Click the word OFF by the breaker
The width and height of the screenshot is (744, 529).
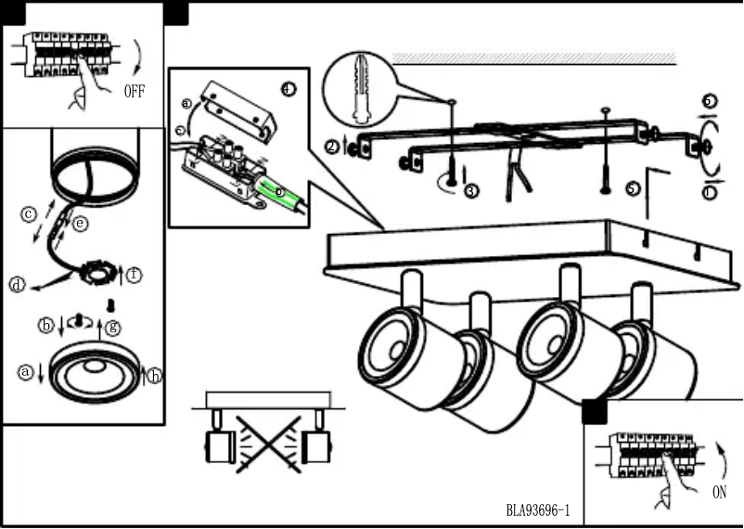[x=135, y=91]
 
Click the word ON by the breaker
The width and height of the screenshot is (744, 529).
[x=719, y=493]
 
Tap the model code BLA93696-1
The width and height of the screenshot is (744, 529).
[x=538, y=510]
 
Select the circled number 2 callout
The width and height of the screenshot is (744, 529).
[x=332, y=146]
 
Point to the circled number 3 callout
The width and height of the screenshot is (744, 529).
[x=471, y=191]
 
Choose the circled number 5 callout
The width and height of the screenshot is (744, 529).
[x=633, y=187]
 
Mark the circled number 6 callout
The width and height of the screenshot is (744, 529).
[x=709, y=101]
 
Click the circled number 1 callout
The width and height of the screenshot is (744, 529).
[x=710, y=192]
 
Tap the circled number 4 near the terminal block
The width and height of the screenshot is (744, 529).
[x=288, y=88]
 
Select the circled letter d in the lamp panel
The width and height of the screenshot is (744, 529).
[x=17, y=285]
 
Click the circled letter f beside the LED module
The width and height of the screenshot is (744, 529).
[x=135, y=275]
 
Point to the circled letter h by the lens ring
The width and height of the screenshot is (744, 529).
[x=154, y=376]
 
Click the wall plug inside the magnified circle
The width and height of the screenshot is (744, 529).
[x=362, y=89]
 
